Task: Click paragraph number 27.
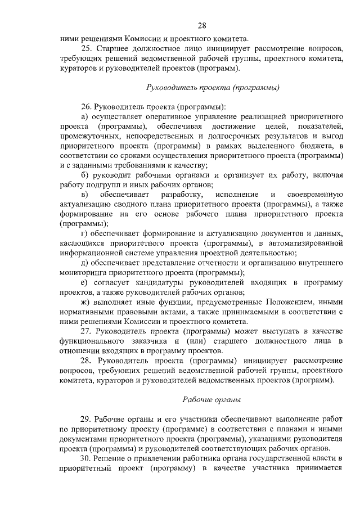coord(87,331)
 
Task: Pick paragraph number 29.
coord(87,419)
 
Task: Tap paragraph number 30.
coord(87,459)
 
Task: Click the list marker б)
coord(85,175)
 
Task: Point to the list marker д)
coord(85,263)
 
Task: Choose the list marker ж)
coord(86,301)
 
